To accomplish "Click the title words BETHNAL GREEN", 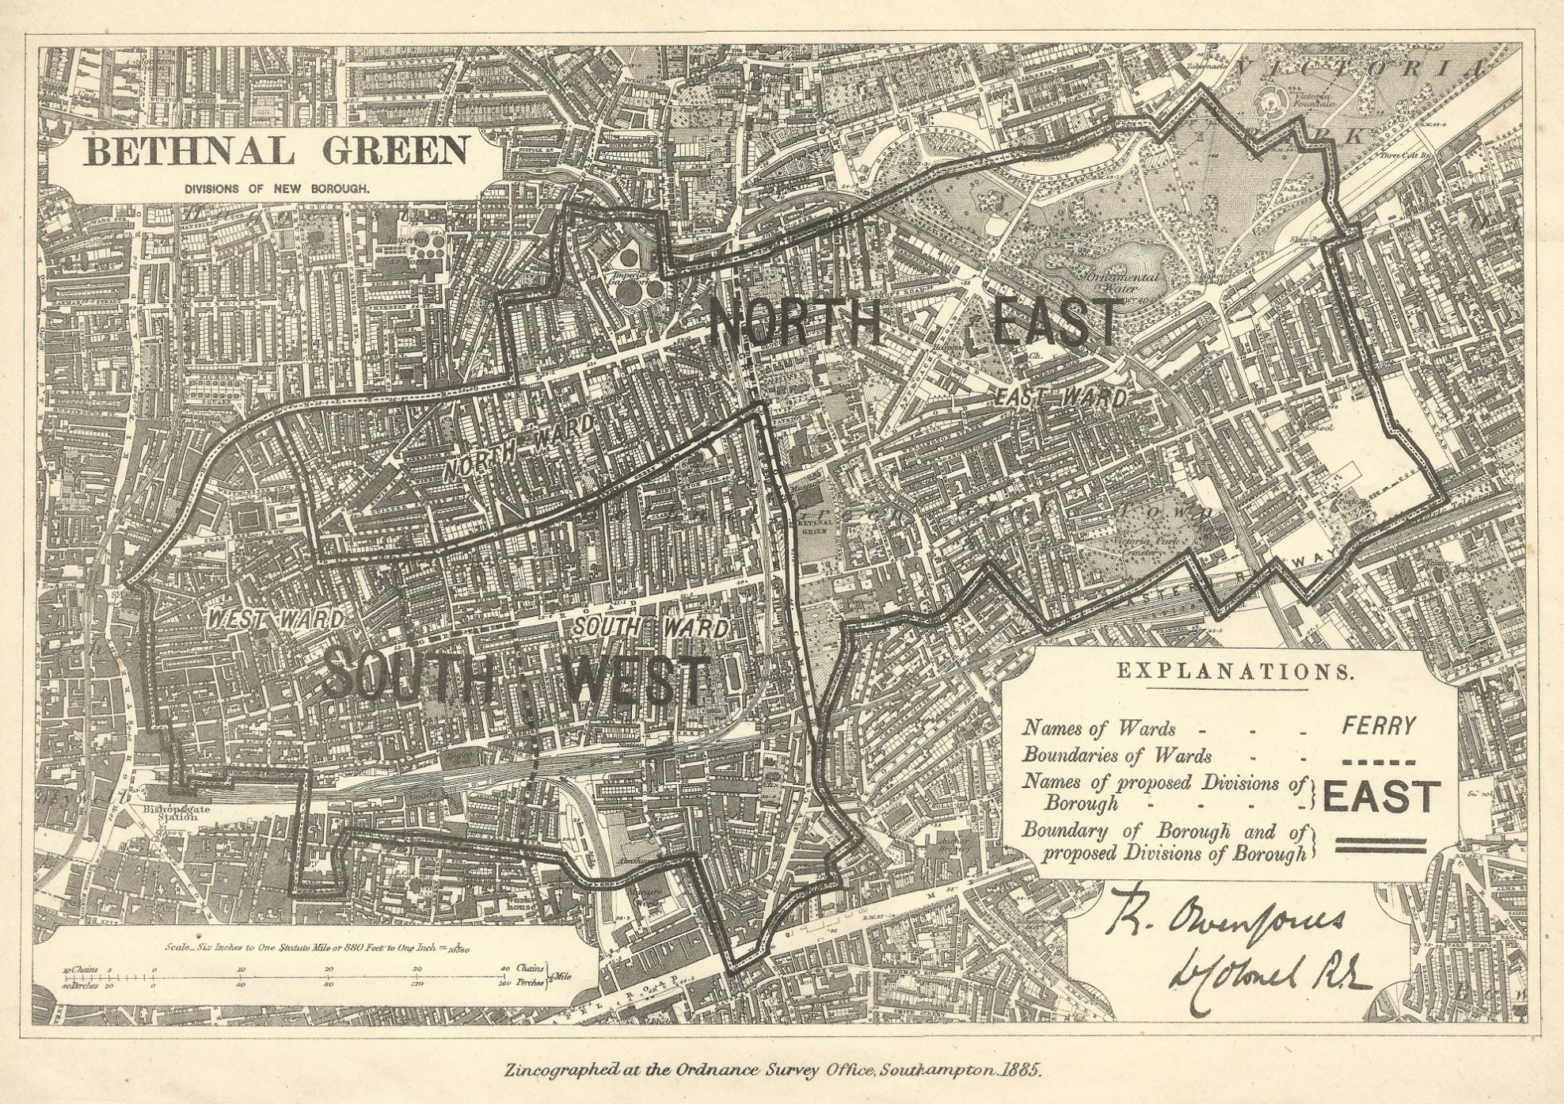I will pyautogui.click(x=275, y=150).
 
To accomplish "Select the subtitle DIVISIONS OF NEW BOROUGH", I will pyautogui.click(x=275, y=190).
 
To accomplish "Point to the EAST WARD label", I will pyautogui.click(x=1061, y=398).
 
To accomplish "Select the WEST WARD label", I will pyautogui.click(x=275, y=620).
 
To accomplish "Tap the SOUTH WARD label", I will pyautogui.click(x=650, y=628).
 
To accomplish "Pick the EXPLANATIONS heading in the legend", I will pyautogui.click(x=1234, y=672).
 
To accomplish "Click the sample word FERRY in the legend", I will pyautogui.click(x=1379, y=726).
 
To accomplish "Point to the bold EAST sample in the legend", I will pyautogui.click(x=1378, y=797).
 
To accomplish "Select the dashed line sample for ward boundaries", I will pyautogui.click(x=1379, y=763).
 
